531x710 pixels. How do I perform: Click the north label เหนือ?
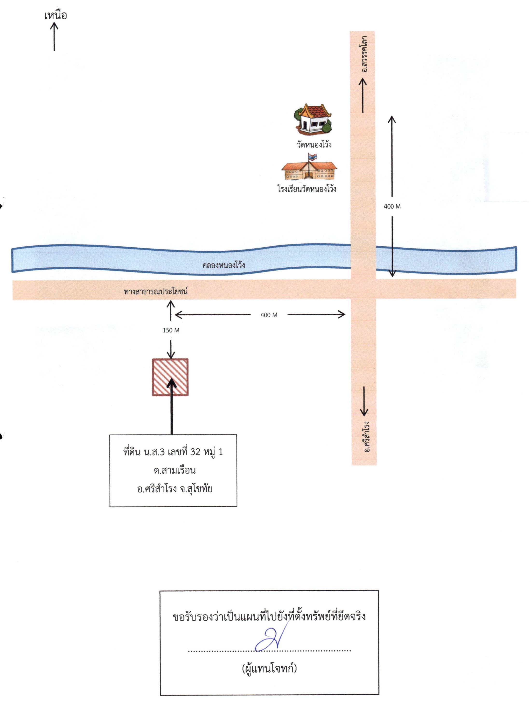[x=56, y=15]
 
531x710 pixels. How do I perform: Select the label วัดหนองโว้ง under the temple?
[x=314, y=144]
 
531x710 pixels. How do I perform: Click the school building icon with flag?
[x=309, y=167]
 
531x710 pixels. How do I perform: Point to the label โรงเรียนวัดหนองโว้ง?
[x=307, y=189]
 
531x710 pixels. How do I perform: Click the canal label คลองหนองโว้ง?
[x=224, y=265]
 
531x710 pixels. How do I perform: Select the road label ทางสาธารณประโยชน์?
[x=156, y=291]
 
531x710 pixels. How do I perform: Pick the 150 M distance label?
[x=171, y=330]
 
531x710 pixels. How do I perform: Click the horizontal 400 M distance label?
[x=269, y=315]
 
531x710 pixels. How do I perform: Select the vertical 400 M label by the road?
[x=392, y=206]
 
